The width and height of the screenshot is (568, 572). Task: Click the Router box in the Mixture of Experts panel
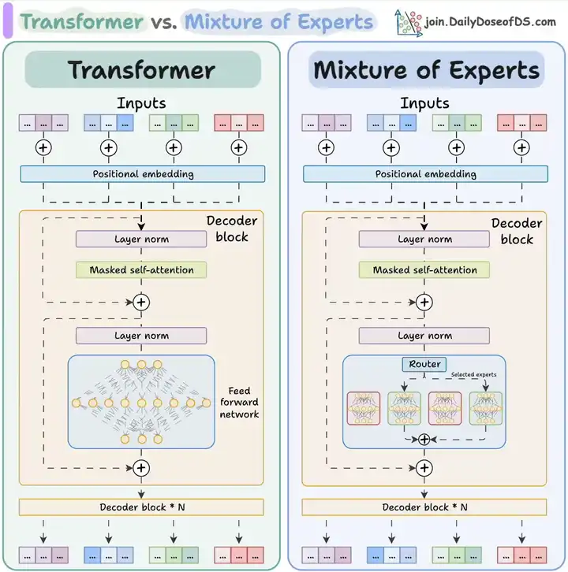(x=425, y=364)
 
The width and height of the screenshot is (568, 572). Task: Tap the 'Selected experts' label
(x=473, y=374)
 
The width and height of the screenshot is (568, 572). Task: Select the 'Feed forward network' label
(x=239, y=403)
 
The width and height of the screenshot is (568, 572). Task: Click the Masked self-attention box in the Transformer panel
(x=141, y=269)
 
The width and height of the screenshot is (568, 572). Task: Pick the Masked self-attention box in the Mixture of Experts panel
(x=424, y=269)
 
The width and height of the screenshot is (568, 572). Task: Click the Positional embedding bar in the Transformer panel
(x=143, y=174)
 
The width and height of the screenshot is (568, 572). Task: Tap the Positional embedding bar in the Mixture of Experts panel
(x=425, y=174)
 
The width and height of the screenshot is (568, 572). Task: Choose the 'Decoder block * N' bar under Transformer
(x=142, y=507)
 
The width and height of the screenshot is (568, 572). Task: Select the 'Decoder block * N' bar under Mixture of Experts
(x=425, y=507)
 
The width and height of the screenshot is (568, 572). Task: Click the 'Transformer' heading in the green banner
(x=141, y=69)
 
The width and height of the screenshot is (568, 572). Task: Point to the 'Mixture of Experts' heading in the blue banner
(x=426, y=69)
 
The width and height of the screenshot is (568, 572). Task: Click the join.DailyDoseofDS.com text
(x=490, y=22)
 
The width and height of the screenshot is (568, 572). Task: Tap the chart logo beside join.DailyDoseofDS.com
(x=408, y=21)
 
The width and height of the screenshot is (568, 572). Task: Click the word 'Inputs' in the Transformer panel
(x=141, y=102)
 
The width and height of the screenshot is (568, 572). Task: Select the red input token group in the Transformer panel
(x=239, y=123)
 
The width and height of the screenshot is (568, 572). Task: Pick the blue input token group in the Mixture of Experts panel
(x=391, y=123)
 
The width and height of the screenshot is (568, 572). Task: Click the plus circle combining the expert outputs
(x=424, y=440)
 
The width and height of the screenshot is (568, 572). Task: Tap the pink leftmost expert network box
(x=364, y=408)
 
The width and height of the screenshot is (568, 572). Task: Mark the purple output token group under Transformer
(x=43, y=555)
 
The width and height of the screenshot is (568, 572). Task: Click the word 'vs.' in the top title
(x=164, y=21)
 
